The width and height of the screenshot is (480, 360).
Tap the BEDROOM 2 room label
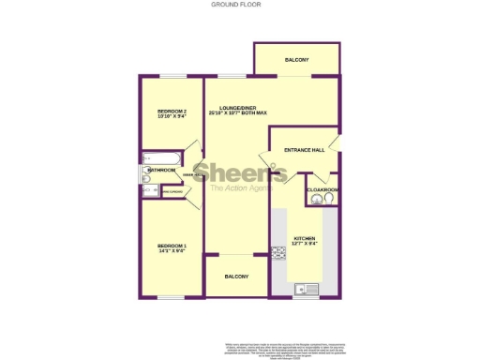pos(172,112)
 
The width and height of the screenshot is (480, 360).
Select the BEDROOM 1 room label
pos(172,246)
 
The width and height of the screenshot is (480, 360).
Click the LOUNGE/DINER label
pos(238,108)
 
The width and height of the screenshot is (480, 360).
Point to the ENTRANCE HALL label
pos(305,150)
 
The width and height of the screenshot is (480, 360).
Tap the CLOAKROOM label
pos(323,190)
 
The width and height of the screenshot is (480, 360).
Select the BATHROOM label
pos(161,170)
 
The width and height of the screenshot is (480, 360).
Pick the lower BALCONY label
pos(236,277)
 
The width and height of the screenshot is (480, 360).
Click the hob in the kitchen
pos(278,251)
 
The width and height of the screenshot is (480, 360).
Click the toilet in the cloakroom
pos(328,200)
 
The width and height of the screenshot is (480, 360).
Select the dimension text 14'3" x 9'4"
pos(172,251)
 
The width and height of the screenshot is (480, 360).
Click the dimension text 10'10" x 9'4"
pos(172,117)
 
